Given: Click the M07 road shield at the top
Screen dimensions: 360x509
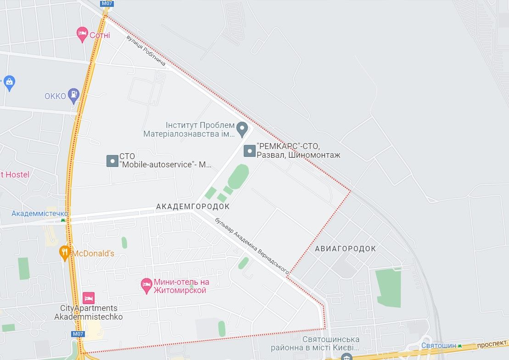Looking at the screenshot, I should point(106,4).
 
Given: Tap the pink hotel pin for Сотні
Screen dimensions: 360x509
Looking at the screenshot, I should point(82,33).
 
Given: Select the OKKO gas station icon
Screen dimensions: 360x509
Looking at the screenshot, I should point(73,95).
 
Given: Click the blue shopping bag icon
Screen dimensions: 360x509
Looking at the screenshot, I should point(9,83).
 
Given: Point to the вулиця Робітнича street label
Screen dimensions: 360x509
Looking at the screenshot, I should point(146,50).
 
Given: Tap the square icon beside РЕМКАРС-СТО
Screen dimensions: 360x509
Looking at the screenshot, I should point(249,151).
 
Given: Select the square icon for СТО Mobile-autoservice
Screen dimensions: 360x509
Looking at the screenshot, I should point(112,161).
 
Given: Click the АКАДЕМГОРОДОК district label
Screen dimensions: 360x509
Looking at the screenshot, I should point(193,207).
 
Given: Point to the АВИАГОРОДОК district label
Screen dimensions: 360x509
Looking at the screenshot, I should point(346,249).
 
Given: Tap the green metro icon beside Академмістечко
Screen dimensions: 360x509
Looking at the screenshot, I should point(63,220).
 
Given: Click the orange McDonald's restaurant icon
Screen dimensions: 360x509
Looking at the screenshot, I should point(65,253).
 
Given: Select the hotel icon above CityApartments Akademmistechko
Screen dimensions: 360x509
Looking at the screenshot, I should point(89,298).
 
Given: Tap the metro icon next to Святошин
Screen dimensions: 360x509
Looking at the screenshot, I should point(459,346).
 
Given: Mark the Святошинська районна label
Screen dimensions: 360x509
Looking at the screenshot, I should point(330,343).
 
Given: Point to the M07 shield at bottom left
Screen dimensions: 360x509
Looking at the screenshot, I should point(78,334).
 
